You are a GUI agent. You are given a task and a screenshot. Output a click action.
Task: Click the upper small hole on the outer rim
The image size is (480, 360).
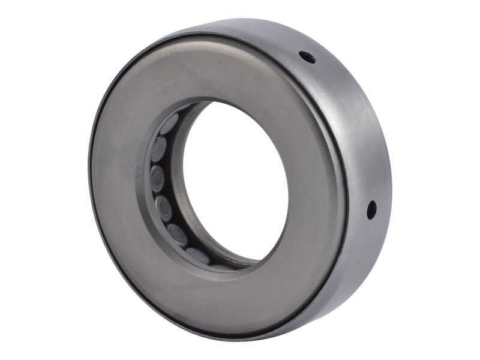(x=307, y=58)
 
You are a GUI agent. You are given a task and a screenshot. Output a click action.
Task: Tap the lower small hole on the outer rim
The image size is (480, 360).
(x=371, y=209)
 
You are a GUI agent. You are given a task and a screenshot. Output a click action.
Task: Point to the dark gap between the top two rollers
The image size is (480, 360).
(x=163, y=136)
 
